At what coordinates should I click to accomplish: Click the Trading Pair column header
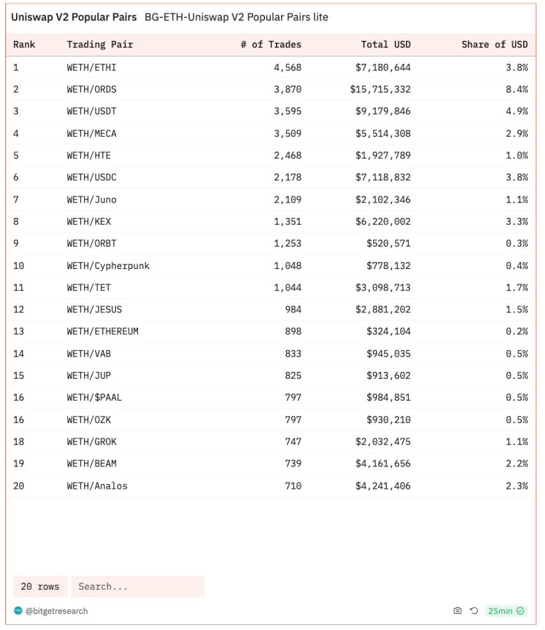pyautogui.click(x=100, y=45)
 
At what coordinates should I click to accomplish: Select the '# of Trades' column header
pyautogui.click(x=270, y=45)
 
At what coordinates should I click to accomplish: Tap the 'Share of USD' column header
pyautogui.click(x=495, y=45)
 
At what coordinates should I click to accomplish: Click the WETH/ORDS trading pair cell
pyautogui.click(x=91, y=89)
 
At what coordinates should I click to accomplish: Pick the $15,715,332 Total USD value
pyautogui.click(x=380, y=89)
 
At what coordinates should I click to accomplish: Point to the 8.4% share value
pyautogui.click(x=516, y=89)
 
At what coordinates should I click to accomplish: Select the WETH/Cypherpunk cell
pyautogui.click(x=108, y=266)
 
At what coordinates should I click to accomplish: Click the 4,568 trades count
pyautogui.click(x=288, y=67)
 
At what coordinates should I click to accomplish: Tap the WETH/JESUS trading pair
pyautogui.click(x=94, y=310)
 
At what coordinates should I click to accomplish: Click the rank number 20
pyautogui.click(x=19, y=486)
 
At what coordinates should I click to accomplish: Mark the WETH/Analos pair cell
pyautogui.click(x=97, y=486)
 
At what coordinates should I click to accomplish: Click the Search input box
pyautogui.click(x=137, y=587)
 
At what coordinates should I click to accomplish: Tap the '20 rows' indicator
pyautogui.click(x=40, y=587)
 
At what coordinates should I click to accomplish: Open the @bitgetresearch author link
pyautogui.click(x=56, y=611)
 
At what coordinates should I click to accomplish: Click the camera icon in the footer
pyautogui.click(x=457, y=611)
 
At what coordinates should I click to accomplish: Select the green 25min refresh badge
pyautogui.click(x=505, y=611)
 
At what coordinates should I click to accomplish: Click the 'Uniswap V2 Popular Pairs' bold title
pyautogui.click(x=73, y=17)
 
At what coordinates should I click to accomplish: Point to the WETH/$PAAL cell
pyautogui.click(x=94, y=398)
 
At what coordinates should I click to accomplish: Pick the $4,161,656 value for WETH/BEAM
pyautogui.click(x=383, y=464)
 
